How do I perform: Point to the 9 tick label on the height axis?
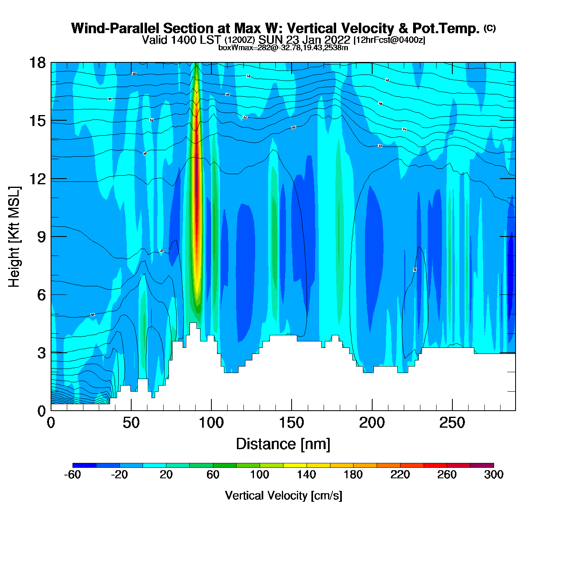[41, 237]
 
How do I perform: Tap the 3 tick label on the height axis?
[41, 353]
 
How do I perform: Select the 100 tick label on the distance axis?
[211, 423]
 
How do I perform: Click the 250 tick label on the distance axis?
[452, 423]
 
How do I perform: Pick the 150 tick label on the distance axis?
[291, 423]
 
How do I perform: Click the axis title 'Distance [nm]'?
[283, 444]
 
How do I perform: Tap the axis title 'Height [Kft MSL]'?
[14, 237]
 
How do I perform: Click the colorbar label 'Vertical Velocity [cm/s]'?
[283, 495]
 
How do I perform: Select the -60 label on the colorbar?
[72, 475]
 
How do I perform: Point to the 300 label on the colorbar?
[494, 475]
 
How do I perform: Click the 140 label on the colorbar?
[306, 475]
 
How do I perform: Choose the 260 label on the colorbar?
[447, 475]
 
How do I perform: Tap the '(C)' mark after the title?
[490, 28]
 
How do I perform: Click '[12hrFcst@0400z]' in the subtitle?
[389, 40]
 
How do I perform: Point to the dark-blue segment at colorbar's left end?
[84, 465]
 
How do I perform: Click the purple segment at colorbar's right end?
[482, 465]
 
